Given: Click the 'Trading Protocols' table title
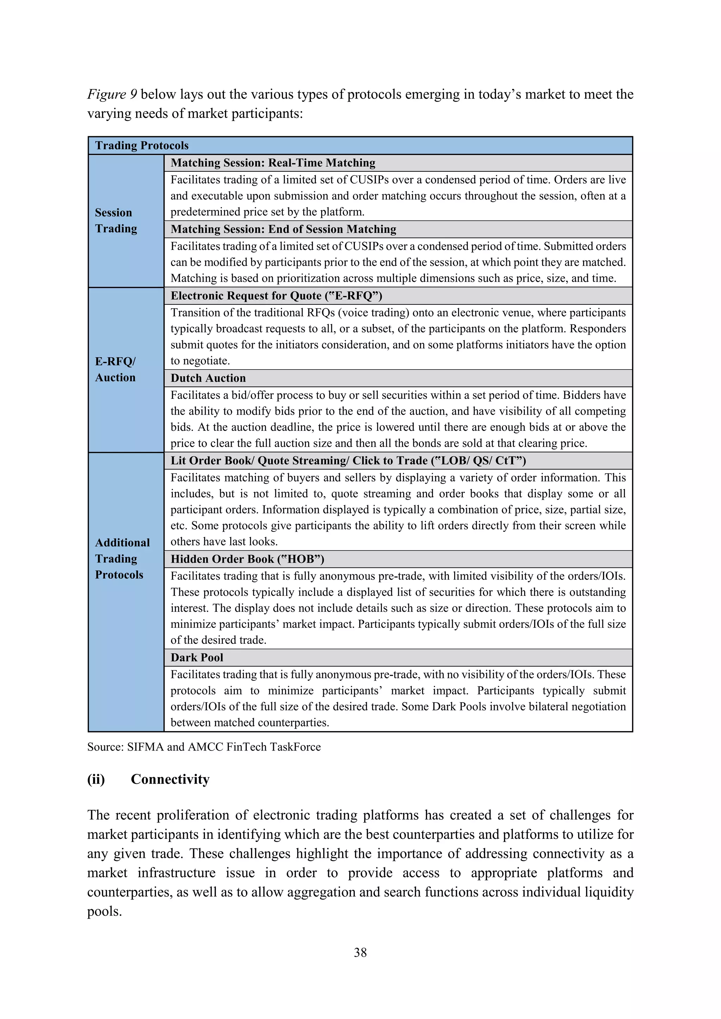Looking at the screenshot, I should click(142, 146).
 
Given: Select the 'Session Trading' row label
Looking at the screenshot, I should click(116, 221).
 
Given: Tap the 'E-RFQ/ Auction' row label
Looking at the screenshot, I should click(115, 369).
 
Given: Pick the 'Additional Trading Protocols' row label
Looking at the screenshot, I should click(122, 558).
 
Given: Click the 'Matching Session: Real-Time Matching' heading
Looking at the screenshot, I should click(272, 163).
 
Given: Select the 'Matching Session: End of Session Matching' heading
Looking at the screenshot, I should click(283, 229).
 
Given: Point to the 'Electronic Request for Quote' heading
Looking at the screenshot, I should click(276, 296).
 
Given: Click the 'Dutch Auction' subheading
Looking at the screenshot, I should click(208, 378).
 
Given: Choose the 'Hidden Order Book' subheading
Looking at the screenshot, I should click(247, 559).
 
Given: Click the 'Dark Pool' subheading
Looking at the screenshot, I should click(197, 658).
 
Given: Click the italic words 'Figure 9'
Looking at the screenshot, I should click(112, 94).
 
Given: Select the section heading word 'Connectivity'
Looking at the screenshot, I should click(170, 779).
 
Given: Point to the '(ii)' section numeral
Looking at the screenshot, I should click(96, 779).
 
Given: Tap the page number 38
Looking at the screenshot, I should click(360, 952).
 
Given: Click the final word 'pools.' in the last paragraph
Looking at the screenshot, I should click(104, 912).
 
